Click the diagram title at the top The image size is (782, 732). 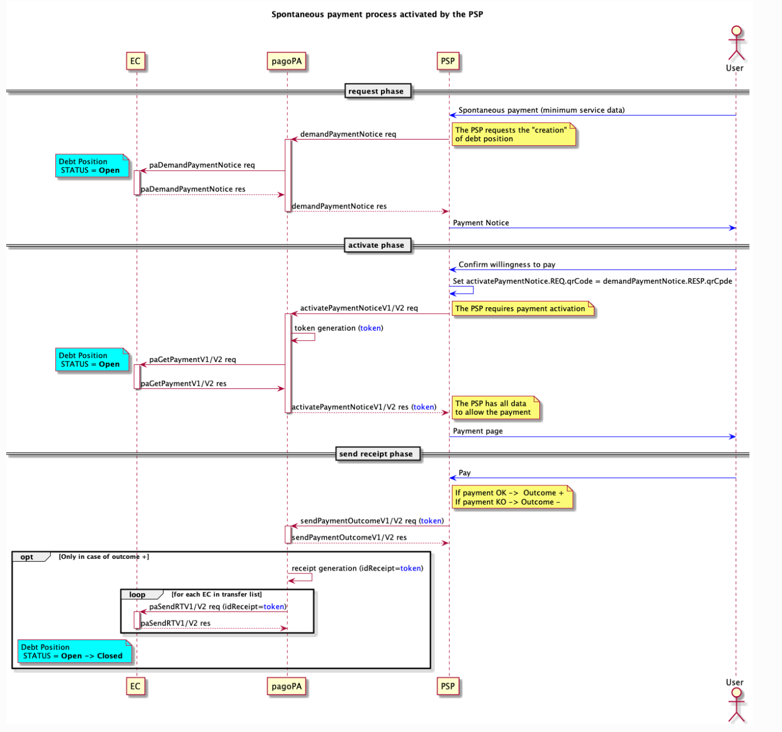(x=377, y=15)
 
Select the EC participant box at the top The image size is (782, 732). (x=136, y=61)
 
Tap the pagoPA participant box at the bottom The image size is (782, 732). (x=287, y=686)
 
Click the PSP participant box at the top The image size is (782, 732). (x=448, y=61)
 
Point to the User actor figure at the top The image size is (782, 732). (x=736, y=44)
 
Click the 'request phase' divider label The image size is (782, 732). (x=376, y=91)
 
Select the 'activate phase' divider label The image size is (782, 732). (x=376, y=245)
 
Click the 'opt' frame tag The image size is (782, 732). (x=27, y=557)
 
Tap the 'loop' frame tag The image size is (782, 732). (x=137, y=595)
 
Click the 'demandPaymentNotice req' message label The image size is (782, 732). (x=348, y=134)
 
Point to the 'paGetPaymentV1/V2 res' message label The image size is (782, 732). (x=184, y=383)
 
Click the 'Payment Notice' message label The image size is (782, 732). (x=481, y=223)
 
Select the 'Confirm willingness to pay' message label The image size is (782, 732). (x=507, y=265)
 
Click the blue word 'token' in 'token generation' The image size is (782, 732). (x=370, y=328)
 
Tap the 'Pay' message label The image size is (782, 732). (x=464, y=472)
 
